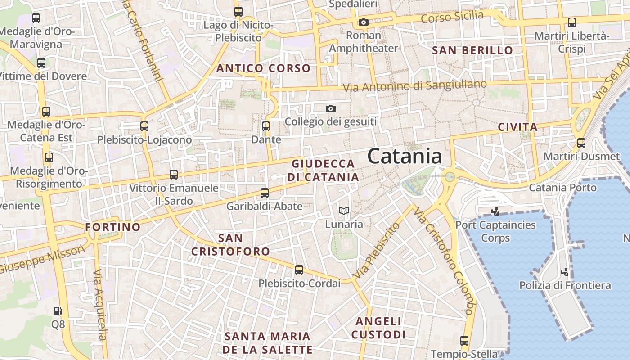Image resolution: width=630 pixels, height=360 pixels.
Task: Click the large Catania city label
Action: (405, 156)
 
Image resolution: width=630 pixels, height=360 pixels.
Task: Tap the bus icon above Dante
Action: (266, 126)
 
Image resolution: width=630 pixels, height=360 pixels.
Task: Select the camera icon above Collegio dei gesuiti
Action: (331, 108)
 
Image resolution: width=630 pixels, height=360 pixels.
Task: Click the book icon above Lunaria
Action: (344, 211)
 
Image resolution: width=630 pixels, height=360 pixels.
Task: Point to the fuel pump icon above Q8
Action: (58, 310)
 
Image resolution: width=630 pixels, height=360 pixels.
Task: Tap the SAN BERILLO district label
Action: (472, 50)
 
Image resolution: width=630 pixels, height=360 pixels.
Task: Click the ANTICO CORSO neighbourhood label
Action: (264, 68)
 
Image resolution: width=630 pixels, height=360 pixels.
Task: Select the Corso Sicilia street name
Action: (453, 18)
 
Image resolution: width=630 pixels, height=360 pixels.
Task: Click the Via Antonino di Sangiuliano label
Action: (415, 85)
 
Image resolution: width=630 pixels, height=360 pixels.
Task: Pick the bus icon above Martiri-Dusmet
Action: (581, 143)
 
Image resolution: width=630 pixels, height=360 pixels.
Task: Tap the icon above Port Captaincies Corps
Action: (495, 211)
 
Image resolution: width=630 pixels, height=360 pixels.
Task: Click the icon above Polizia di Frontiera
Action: (565, 271)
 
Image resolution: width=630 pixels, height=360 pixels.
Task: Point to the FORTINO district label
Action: (113, 227)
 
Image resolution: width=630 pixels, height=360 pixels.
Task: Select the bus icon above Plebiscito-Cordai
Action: (299, 270)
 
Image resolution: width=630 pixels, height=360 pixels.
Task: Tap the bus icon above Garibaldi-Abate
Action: (265, 193)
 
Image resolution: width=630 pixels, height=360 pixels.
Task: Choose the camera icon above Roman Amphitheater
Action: (364, 22)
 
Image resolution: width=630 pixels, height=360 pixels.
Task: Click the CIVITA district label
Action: (518, 127)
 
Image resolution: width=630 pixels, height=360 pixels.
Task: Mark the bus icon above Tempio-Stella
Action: (464, 341)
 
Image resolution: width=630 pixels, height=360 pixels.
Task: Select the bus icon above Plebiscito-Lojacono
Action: (144, 126)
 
